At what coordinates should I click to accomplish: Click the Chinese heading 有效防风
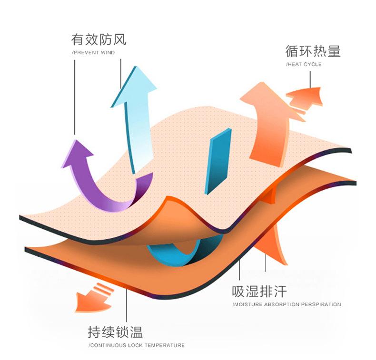tap(99, 39)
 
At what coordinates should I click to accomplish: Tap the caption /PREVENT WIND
tap(93, 53)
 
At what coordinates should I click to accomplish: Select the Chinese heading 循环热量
tap(313, 51)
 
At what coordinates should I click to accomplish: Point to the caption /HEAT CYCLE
tap(304, 64)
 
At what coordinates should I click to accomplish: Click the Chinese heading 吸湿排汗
tap(259, 292)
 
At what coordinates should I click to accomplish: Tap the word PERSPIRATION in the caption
tap(321, 304)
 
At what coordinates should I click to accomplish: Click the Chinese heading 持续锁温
tap(115, 332)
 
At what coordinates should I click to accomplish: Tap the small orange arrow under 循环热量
tap(305, 99)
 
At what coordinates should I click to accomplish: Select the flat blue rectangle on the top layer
tap(218, 161)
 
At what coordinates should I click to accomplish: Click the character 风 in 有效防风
tap(119, 39)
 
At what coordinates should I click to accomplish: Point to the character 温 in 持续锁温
tap(137, 332)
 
